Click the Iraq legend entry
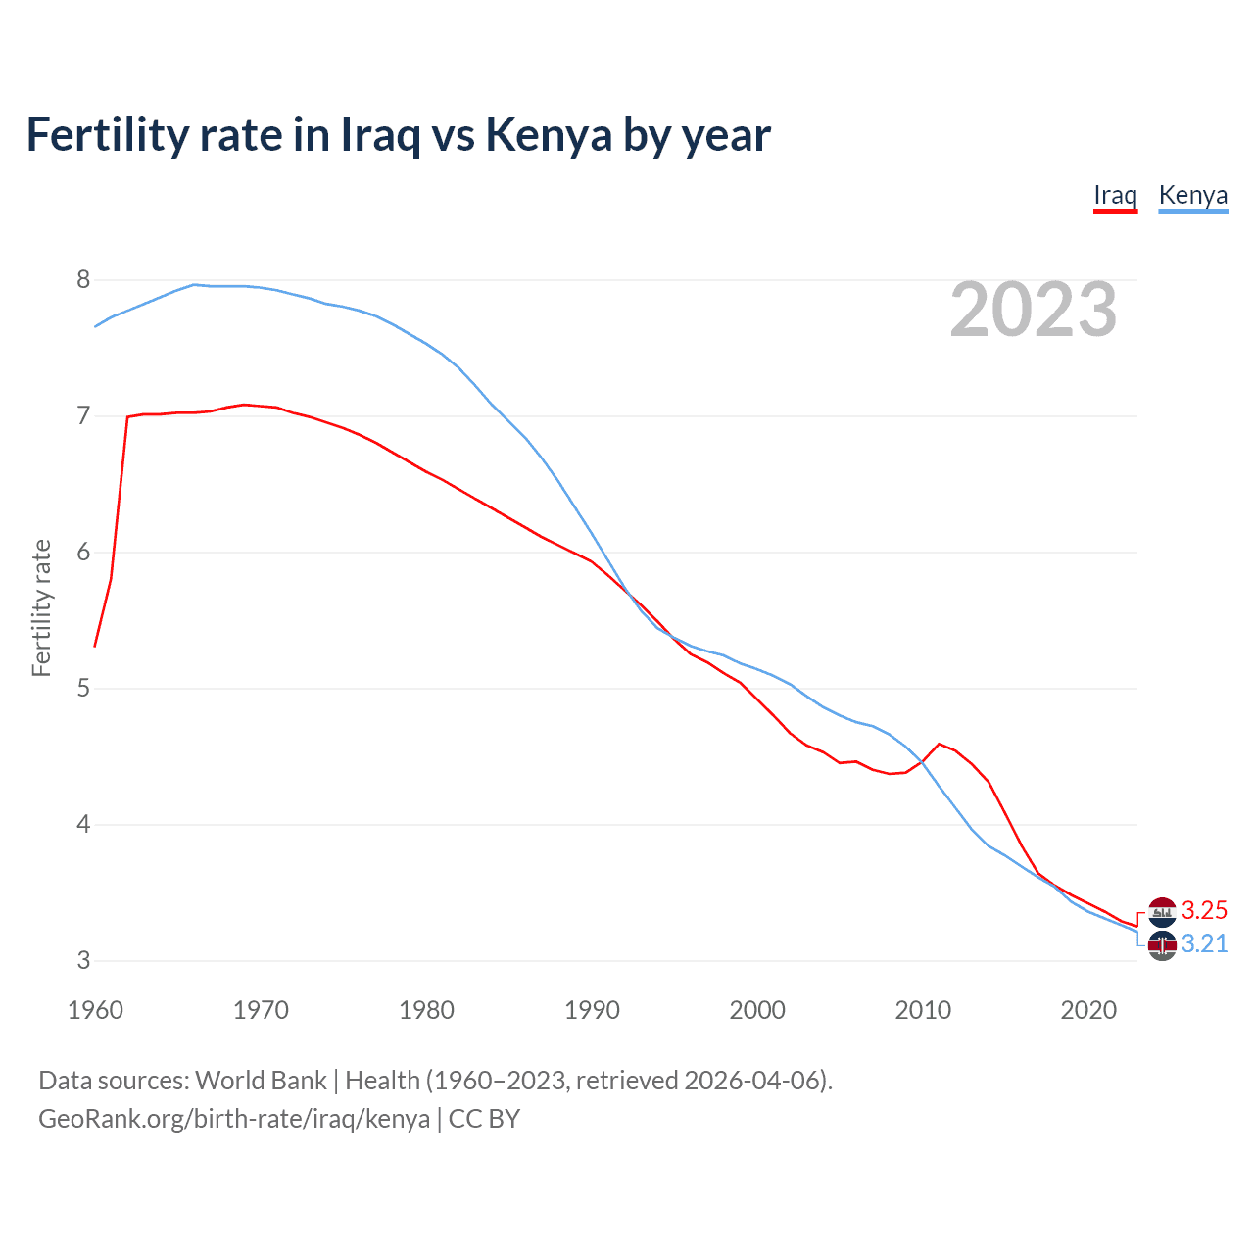click(1115, 195)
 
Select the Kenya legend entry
click(1192, 195)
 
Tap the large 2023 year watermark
click(1033, 310)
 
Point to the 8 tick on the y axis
click(83, 280)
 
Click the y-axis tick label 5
click(83, 689)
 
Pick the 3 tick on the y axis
click(83, 961)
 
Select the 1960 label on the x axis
click(95, 1010)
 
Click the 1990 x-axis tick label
click(592, 1010)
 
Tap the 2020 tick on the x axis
click(1088, 1010)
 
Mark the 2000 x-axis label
click(757, 1010)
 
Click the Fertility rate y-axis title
click(41, 608)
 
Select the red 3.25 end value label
click(1204, 910)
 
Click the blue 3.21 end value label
click(1204, 943)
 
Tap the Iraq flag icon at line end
click(1162, 911)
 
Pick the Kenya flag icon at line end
click(1162, 946)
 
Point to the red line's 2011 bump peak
click(940, 744)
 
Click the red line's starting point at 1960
click(95, 647)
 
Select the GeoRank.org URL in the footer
click(234, 1119)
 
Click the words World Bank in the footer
click(261, 1081)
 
